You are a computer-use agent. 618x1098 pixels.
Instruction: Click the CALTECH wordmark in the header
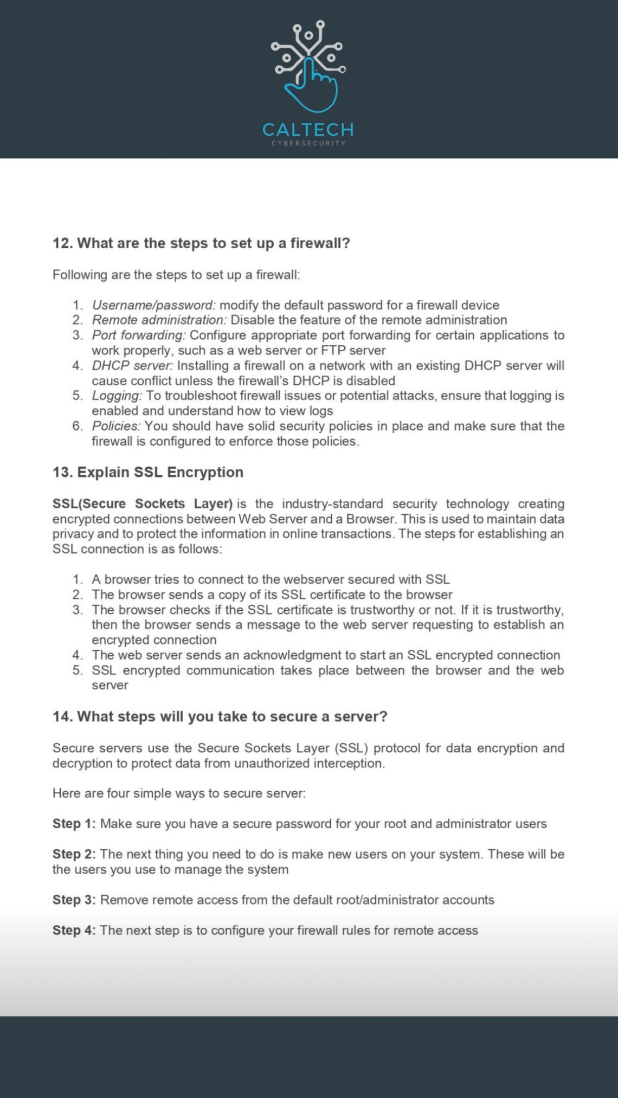tap(308, 130)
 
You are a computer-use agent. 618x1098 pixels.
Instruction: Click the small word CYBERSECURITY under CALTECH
tap(308, 143)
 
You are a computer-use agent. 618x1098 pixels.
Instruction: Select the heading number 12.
tap(62, 243)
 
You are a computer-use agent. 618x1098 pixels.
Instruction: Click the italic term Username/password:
tap(153, 305)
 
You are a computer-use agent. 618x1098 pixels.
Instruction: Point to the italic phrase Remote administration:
tap(159, 320)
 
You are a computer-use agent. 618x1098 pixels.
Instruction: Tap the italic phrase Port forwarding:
tap(138, 335)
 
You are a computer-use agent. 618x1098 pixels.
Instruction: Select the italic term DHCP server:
tap(132, 366)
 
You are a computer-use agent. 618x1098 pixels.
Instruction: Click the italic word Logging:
tap(117, 396)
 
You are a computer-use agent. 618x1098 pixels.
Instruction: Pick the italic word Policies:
tap(116, 426)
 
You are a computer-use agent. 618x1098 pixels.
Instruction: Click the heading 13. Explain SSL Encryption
tap(147, 472)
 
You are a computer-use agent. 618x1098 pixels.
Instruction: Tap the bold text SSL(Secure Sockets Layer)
tap(142, 504)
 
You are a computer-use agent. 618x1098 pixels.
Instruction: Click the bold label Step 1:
tap(74, 824)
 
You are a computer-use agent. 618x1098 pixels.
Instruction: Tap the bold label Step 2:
tap(74, 854)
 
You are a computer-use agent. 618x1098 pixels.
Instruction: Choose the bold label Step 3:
tap(74, 900)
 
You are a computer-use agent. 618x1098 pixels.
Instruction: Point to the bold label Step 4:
tap(74, 931)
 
